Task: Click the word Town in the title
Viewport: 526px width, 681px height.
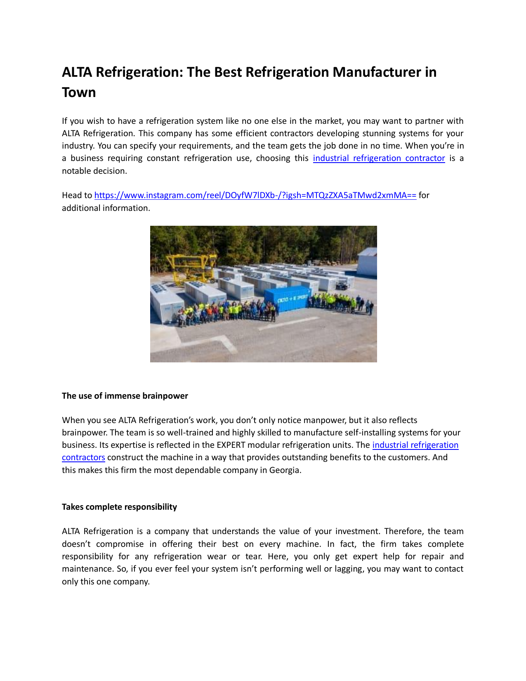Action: [79, 92]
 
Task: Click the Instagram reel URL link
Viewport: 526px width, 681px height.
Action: [255, 195]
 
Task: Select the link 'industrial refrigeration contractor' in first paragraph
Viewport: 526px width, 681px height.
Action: [379, 158]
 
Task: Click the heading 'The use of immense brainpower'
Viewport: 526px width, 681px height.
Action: [125, 396]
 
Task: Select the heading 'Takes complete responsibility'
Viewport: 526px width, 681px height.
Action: [119, 507]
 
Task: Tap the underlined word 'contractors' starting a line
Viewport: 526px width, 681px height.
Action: [83, 457]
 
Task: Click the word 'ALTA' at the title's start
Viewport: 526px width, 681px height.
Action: [77, 72]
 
